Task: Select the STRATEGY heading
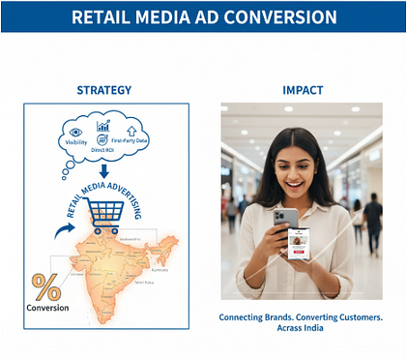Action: tap(103, 90)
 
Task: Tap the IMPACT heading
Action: tap(302, 90)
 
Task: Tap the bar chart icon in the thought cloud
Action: tap(103, 126)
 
